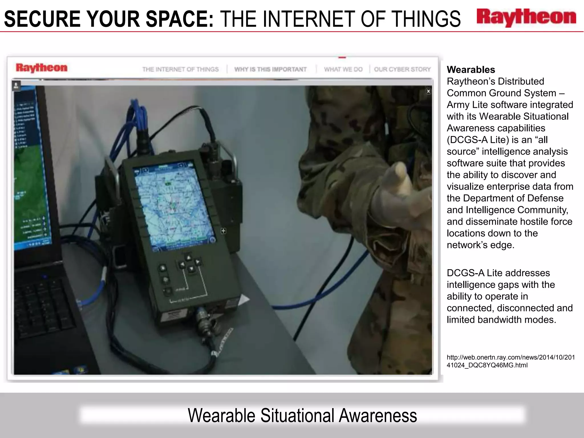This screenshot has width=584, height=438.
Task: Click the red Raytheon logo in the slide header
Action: pos(526,18)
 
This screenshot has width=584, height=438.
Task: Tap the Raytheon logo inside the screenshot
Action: pos(42,68)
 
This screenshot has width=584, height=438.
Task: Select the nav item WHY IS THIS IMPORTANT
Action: pos(270,69)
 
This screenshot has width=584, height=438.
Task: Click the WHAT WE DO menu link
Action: pos(343,69)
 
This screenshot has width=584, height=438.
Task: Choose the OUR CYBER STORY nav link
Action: pos(402,69)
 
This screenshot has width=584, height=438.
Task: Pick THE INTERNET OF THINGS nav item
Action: pos(181,69)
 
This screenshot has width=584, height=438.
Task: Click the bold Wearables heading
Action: pos(471,70)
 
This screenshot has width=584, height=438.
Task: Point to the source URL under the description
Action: pos(510,361)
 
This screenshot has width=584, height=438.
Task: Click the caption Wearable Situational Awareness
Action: pos(302,415)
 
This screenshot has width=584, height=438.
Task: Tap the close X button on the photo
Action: pos(428,91)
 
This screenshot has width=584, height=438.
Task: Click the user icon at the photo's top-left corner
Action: pos(16,85)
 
